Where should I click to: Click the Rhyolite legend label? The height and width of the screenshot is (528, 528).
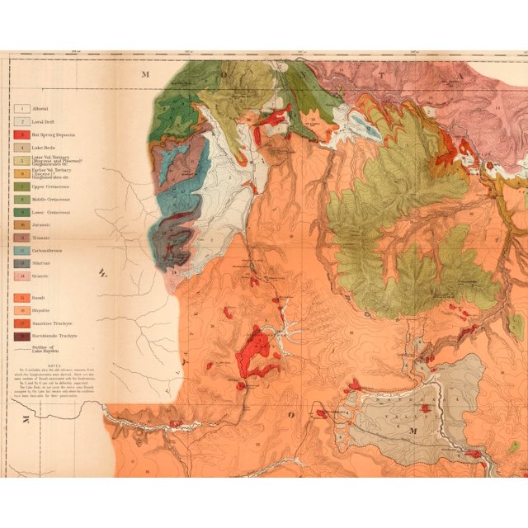point(43,309)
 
